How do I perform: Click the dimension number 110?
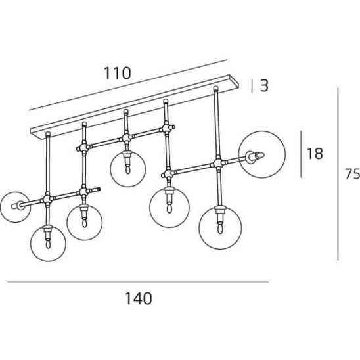(118, 73)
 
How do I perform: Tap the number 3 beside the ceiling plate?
(264, 85)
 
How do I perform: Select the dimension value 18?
(315, 154)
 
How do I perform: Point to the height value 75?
(353, 173)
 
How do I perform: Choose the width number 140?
(139, 298)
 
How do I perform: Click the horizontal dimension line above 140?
(138, 282)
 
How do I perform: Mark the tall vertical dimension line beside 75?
(338, 174)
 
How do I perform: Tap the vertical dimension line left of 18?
(301, 154)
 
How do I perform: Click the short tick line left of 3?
(252, 86)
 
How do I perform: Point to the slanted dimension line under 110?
(128, 85)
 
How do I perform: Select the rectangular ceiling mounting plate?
(135, 107)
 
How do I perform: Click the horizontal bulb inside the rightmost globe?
(256, 156)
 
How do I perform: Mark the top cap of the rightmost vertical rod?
(215, 88)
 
